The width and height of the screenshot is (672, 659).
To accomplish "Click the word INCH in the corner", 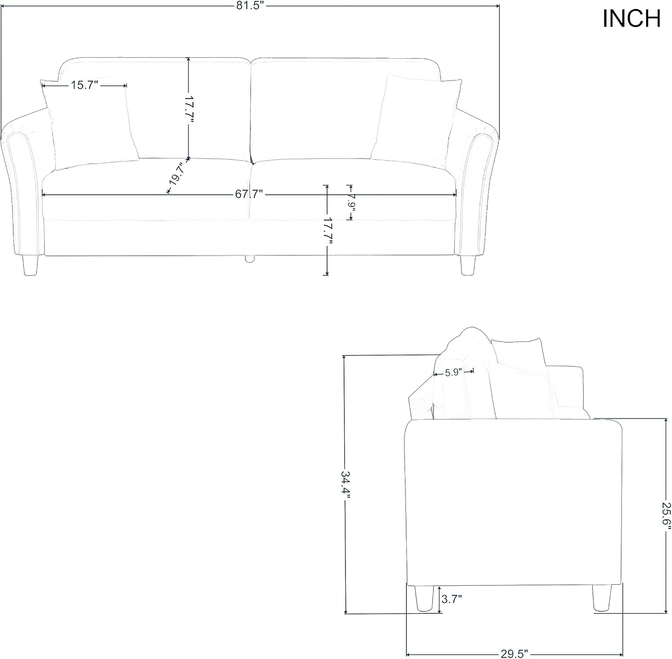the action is pyautogui.click(x=631, y=19).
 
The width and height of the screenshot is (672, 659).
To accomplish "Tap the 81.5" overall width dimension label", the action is pyautogui.click(x=250, y=6).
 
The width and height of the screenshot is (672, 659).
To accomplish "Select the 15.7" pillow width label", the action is pyautogui.click(x=84, y=85).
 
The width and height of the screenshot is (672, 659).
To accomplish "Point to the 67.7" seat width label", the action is pyautogui.click(x=249, y=194).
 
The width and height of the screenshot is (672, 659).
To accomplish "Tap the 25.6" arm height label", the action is pyautogui.click(x=667, y=515).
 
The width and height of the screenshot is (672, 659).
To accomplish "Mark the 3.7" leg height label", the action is pyautogui.click(x=452, y=599).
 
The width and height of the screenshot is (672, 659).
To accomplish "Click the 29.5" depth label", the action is pyautogui.click(x=515, y=654).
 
